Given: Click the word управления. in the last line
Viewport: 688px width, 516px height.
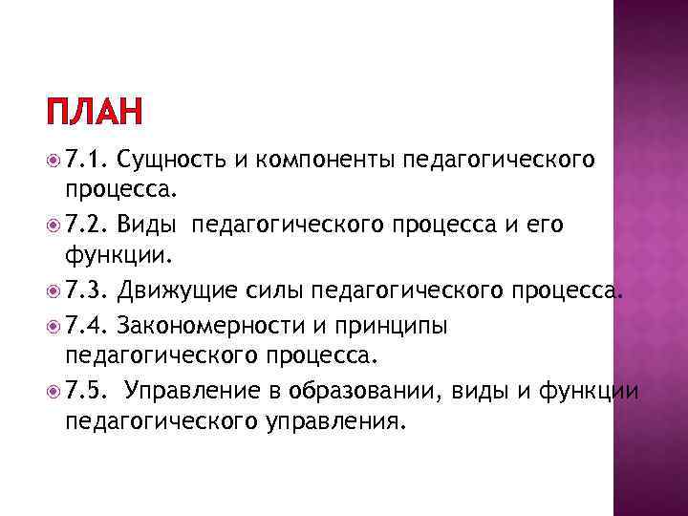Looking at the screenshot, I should click(341, 421).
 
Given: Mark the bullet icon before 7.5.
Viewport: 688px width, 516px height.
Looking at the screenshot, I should click(53, 391).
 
